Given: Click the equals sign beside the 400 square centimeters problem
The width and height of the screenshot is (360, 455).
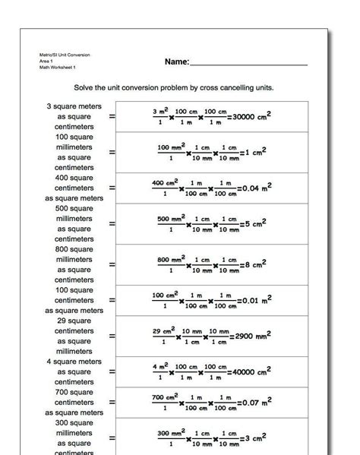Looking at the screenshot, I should (112, 187).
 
